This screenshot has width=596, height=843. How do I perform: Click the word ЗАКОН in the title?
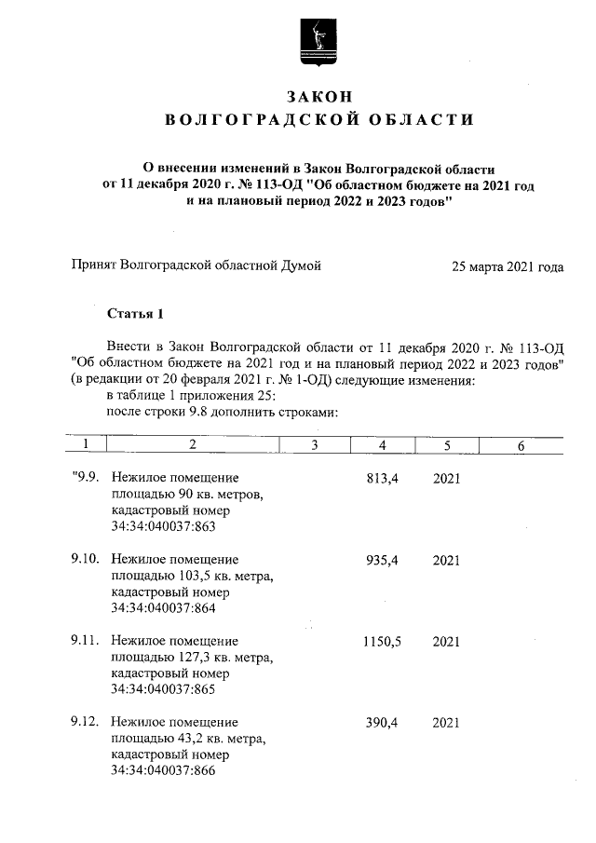click(x=318, y=97)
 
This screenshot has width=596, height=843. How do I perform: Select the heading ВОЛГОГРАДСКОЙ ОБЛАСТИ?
click(x=318, y=119)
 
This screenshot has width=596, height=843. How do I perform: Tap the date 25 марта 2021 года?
click(x=507, y=266)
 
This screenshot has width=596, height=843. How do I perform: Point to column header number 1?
click(x=85, y=446)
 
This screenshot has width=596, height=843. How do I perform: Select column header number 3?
click(x=315, y=446)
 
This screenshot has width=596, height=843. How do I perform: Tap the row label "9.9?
click(x=88, y=479)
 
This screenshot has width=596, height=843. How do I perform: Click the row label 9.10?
click(x=87, y=560)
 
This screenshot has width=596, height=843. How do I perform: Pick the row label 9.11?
click(x=87, y=641)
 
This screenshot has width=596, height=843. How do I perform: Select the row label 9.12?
click(x=87, y=722)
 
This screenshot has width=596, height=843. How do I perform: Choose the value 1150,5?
click(x=382, y=641)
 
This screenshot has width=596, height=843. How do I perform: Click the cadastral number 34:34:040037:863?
click(x=163, y=527)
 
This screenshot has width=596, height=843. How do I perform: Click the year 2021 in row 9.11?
click(x=446, y=641)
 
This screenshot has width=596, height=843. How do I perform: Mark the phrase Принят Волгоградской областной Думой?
click(x=196, y=266)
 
